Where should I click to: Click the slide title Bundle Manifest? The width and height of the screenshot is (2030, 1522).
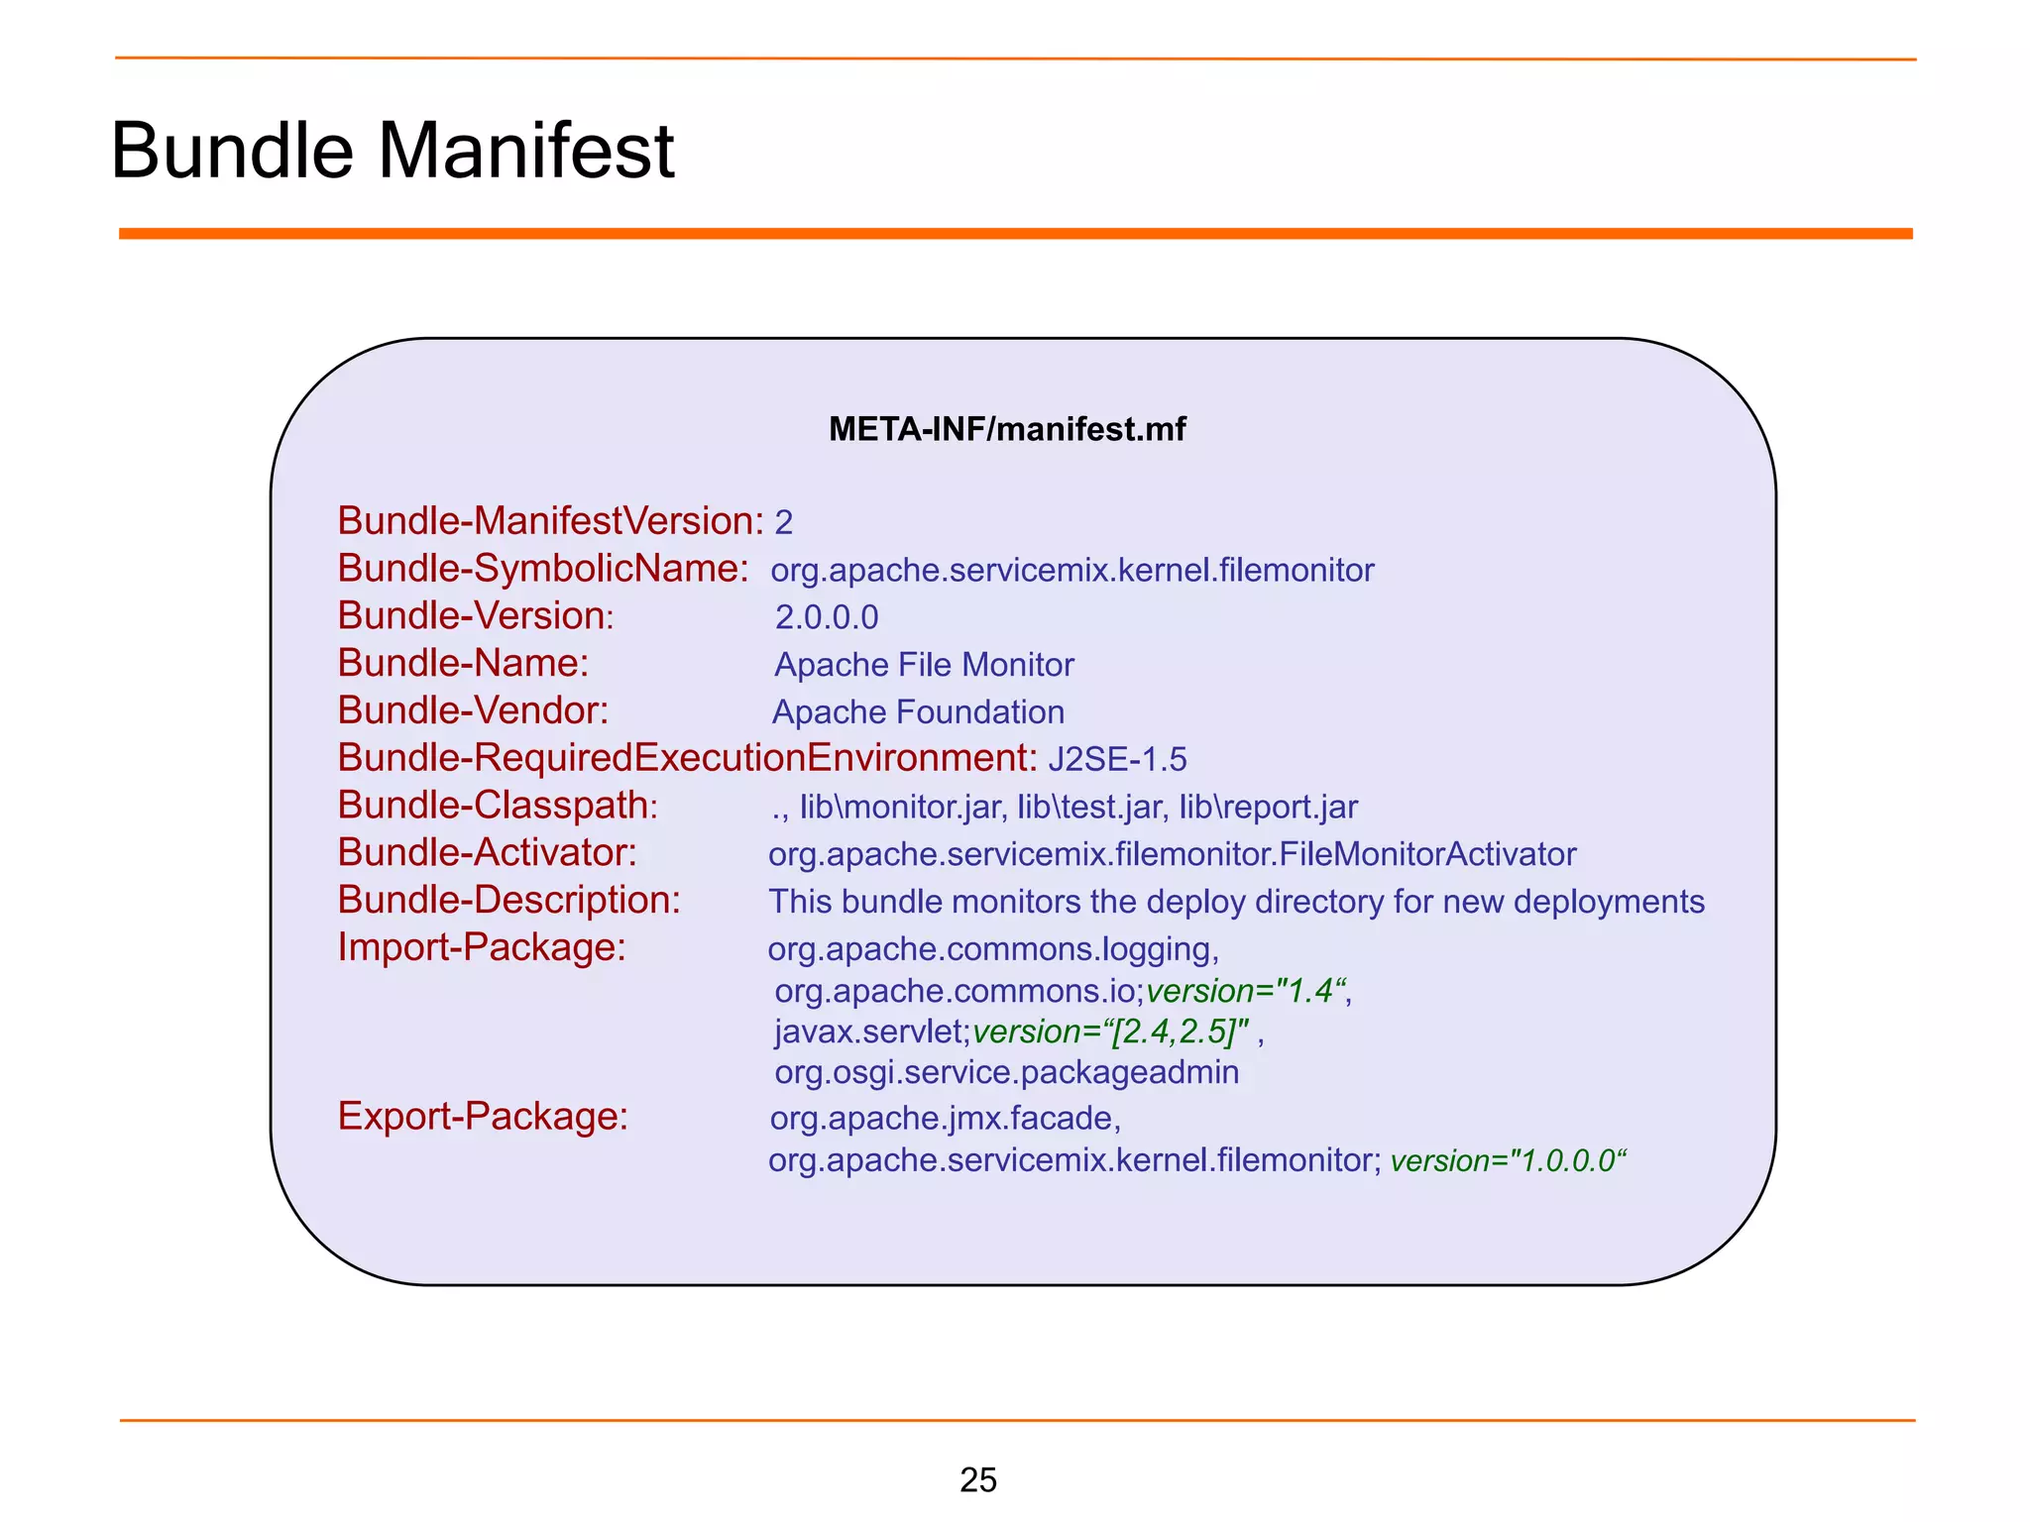point(393,151)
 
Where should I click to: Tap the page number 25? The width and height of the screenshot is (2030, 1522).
point(977,1479)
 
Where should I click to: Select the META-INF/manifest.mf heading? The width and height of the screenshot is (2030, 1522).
point(1007,429)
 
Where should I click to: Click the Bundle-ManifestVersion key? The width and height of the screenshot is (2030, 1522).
point(550,521)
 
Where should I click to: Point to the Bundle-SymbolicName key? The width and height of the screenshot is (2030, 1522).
point(543,569)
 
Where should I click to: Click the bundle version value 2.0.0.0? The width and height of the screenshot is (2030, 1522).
point(827,617)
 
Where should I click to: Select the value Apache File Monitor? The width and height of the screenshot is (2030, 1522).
point(924,665)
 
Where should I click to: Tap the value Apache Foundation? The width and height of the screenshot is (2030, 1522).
point(918,712)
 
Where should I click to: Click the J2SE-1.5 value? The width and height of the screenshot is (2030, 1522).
point(1117,759)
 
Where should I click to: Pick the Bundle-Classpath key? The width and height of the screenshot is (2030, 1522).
point(498,806)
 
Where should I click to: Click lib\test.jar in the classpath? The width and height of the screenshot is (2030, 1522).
point(1089,808)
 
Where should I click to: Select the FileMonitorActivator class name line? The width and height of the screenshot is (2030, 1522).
point(1172,854)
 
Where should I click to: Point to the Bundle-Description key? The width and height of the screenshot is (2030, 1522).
point(508,900)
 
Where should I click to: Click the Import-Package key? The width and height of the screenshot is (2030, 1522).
point(482,947)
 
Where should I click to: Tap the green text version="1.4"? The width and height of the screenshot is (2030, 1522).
point(1247,991)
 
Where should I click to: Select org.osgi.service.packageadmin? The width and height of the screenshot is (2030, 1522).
point(1006,1072)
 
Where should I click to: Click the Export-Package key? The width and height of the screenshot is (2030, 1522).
point(483,1117)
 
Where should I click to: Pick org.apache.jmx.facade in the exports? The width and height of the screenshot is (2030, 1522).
point(945,1119)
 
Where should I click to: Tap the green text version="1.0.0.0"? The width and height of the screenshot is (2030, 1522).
point(1508,1160)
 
